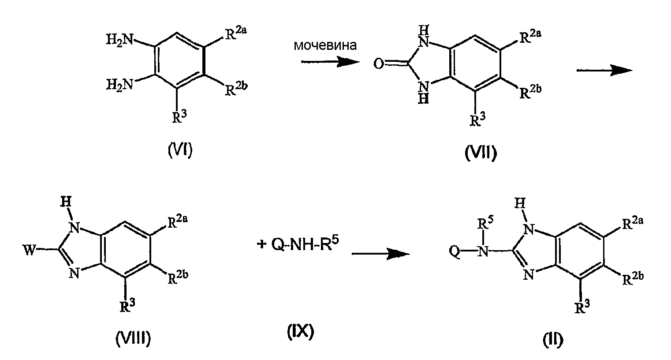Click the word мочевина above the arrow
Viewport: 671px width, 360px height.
coord(325,45)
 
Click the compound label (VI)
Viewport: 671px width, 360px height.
coord(180,150)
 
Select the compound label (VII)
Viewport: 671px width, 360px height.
coord(481,153)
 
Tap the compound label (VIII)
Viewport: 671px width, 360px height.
coord(133,339)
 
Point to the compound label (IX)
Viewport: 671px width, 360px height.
coord(301,332)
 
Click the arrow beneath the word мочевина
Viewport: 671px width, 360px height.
coord(330,62)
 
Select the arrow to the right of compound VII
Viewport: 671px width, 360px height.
coord(604,71)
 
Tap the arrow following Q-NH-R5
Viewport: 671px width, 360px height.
coord(381,254)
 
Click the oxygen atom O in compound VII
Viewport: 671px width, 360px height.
coord(379,64)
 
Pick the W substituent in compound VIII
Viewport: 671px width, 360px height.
coord(30,249)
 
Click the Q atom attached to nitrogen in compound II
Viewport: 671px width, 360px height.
coord(455,251)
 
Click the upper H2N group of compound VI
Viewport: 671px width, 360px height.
coord(119,39)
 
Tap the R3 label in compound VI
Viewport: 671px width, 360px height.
coord(179,116)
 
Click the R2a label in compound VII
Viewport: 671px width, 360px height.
coord(530,37)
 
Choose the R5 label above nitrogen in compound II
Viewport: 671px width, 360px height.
coord(485,223)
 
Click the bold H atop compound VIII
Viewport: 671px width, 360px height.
coord(66,202)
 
